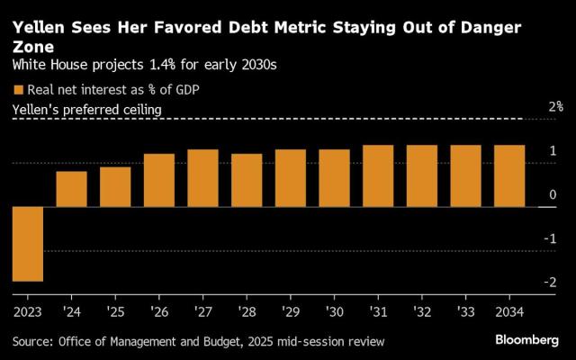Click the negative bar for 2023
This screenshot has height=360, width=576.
pyautogui.click(x=28, y=244)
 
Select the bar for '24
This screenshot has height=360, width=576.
pyautogui.click(x=72, y=189)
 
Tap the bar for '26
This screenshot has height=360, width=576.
pyautogui.click(x=159, y=180)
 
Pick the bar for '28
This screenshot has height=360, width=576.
pyautogui.click(x=247, y=180)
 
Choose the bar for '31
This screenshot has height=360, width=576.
pyautogui.click(x=378, y=175)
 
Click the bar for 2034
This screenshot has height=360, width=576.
pyautogui.click(x=509, y=175)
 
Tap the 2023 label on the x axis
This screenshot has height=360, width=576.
pyautogui.click(x=28, y=311)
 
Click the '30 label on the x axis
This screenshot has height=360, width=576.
pyautogui.click(x=334, y=311)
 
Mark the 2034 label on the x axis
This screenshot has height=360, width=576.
pyautogui.click(x=509, y=311)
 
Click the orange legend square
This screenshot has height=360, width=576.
pyautogui.click(x=17, y=89)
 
